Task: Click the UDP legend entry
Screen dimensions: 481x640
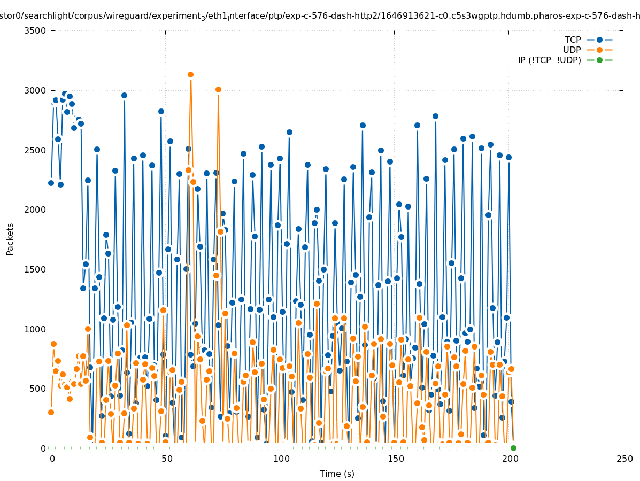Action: (572, 50)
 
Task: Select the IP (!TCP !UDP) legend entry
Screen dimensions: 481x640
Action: (549, 60)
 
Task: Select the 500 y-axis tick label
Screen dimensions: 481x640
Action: (38, 389)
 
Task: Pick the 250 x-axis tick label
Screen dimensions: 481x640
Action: (623, 459)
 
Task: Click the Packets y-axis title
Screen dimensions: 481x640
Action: (10, 239)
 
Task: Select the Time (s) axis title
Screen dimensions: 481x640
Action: (337, 474)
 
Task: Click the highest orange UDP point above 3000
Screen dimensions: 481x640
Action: (190, 75)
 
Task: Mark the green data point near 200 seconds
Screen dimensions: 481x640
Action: (513, 448)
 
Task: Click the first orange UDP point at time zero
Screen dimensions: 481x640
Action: (51, 412)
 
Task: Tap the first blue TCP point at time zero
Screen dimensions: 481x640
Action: (51, 183)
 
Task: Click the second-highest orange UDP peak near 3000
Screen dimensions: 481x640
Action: (218, 89)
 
